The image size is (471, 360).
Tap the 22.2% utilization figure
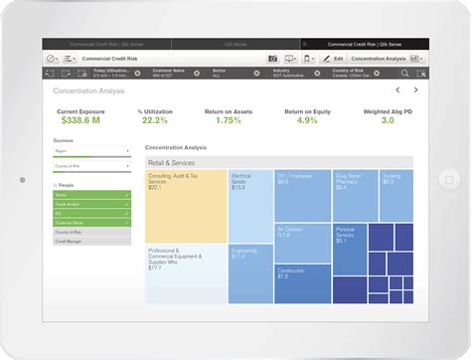click(153, 120)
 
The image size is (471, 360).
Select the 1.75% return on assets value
click(229, 120)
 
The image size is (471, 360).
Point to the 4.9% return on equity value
click(307, 120)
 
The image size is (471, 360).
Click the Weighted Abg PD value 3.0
click(387, 120)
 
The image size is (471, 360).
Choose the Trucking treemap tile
click(396, 194)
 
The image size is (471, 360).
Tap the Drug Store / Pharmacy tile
click(355, 194)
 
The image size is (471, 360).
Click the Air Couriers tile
click(302, 242)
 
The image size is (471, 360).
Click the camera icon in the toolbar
click(273, 59)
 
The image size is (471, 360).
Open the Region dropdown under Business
click(91, 152)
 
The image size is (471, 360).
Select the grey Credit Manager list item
click(91, 240)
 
